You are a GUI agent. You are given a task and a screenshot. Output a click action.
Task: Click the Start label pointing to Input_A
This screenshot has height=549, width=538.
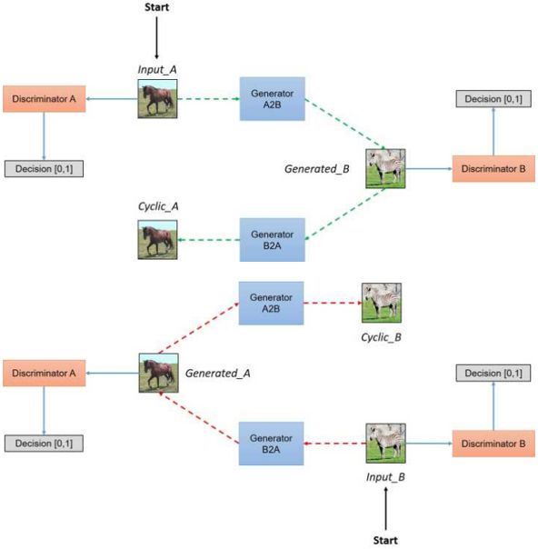157,7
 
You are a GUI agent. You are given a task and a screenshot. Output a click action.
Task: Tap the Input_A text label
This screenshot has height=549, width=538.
157,69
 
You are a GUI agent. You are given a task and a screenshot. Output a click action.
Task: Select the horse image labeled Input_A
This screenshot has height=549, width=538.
157,99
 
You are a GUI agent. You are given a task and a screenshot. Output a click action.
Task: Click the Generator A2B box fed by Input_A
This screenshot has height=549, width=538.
273,99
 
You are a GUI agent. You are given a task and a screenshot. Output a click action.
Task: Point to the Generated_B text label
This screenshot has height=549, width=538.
317,169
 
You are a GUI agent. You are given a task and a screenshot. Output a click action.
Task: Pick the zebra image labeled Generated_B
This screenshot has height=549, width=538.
385,169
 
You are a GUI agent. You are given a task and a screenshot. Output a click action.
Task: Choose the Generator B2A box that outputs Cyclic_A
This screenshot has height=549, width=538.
273,240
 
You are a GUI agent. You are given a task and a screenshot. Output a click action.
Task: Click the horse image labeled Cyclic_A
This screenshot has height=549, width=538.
157,240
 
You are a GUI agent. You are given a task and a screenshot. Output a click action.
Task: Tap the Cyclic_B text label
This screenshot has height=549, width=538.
381,337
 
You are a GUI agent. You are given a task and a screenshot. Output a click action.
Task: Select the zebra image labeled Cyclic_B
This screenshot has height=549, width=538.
382,303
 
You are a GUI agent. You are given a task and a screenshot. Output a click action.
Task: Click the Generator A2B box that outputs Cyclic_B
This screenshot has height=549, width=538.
272,304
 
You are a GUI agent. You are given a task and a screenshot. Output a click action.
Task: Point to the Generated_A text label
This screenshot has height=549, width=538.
218,374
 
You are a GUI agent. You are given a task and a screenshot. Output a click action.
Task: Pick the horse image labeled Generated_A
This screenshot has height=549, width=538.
158,373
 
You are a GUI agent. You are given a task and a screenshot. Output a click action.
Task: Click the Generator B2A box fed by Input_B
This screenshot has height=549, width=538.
272,444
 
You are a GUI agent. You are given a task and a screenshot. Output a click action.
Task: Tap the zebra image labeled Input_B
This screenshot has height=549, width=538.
385,444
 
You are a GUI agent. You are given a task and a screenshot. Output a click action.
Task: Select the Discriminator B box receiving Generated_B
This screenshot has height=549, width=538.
493,169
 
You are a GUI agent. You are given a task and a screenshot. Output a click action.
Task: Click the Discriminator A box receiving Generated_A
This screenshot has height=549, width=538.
45,374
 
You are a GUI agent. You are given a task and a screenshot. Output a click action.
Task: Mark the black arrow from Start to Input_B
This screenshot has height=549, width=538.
385,509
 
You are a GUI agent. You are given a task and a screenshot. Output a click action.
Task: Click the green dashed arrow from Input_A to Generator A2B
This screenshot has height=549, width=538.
209,99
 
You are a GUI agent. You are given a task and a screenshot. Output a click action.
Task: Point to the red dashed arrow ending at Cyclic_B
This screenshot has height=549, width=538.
333,303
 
